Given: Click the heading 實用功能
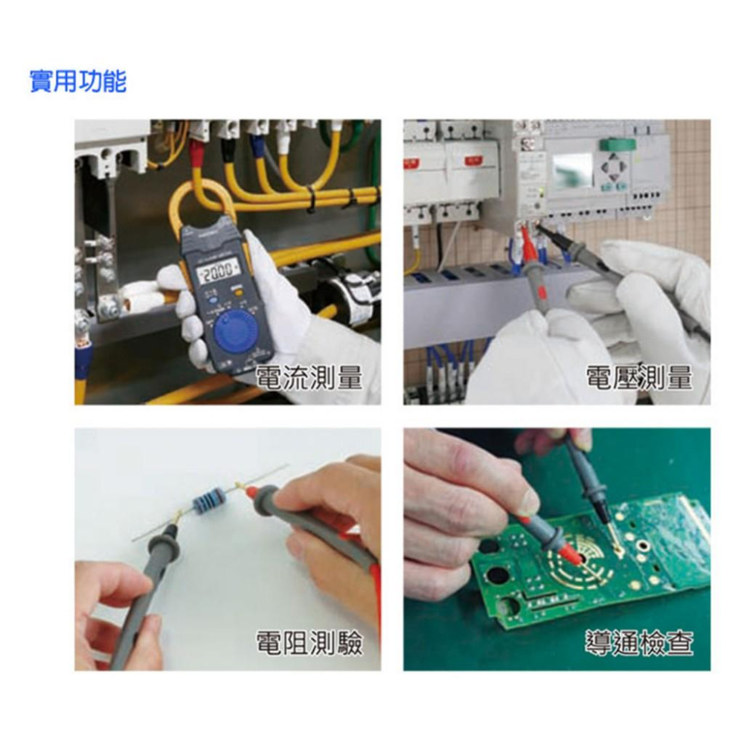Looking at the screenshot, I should click(77, 80).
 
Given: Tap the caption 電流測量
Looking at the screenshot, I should click(308, 377).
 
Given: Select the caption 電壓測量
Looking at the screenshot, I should click(638, 377).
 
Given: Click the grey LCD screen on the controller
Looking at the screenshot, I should click(573, 170).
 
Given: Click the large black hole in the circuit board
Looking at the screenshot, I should click(495, 581).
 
